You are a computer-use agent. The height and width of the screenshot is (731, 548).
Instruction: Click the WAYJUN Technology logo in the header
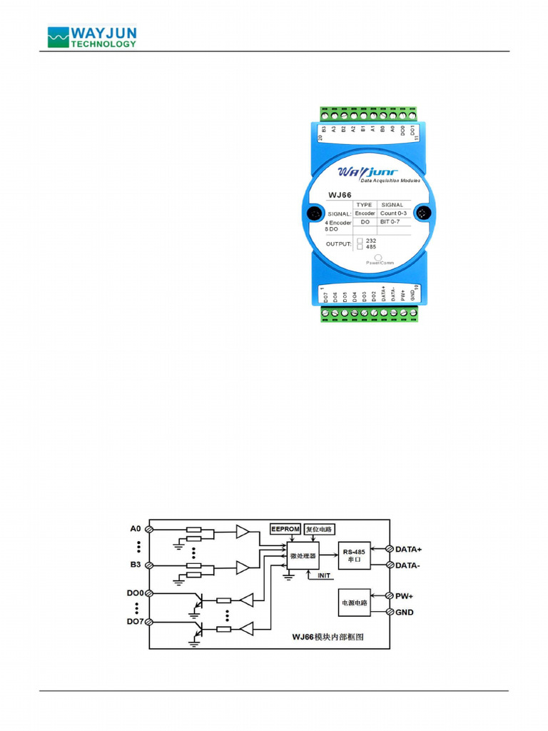coord(91,37)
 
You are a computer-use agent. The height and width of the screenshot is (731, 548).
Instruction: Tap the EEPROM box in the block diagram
coord(286,529)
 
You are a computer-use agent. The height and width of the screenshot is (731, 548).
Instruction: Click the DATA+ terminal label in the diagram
coord(408,549)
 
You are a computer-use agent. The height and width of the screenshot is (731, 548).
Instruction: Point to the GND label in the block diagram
coord(404,612)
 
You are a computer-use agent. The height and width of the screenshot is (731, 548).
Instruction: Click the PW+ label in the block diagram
coord(403,595)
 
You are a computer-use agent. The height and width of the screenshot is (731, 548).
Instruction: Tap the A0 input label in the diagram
coord(136,528)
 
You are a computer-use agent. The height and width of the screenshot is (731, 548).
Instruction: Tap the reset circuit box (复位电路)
coord(319,529)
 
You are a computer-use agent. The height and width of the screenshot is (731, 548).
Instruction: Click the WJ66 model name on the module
coord(340,193)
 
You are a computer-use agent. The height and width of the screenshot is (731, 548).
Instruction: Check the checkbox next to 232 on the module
coord(360,241)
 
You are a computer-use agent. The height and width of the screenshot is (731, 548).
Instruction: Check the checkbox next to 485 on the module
coord(360,248)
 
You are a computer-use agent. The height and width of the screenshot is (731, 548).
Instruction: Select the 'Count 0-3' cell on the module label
coord(393,213)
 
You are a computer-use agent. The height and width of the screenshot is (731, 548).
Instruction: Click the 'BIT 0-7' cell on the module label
coord(390,222)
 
